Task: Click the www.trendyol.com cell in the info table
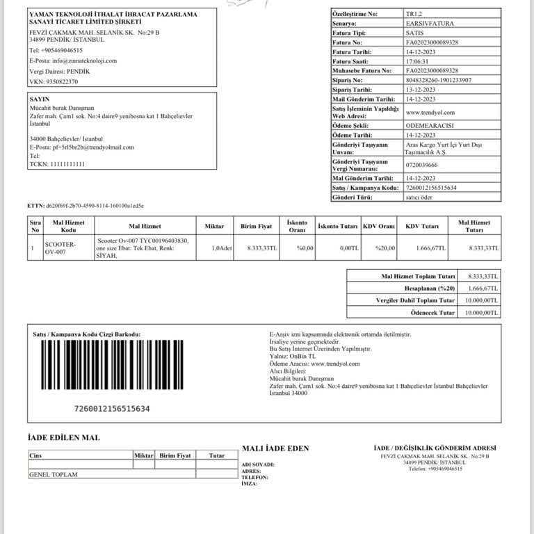(430, 112)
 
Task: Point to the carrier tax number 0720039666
(421, 165)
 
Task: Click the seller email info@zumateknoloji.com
(73, 60)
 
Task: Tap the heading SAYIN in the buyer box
(40, 99)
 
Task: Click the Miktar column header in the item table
(214, 226)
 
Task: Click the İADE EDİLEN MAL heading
(63, 438)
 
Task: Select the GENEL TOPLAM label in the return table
(53, 474)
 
